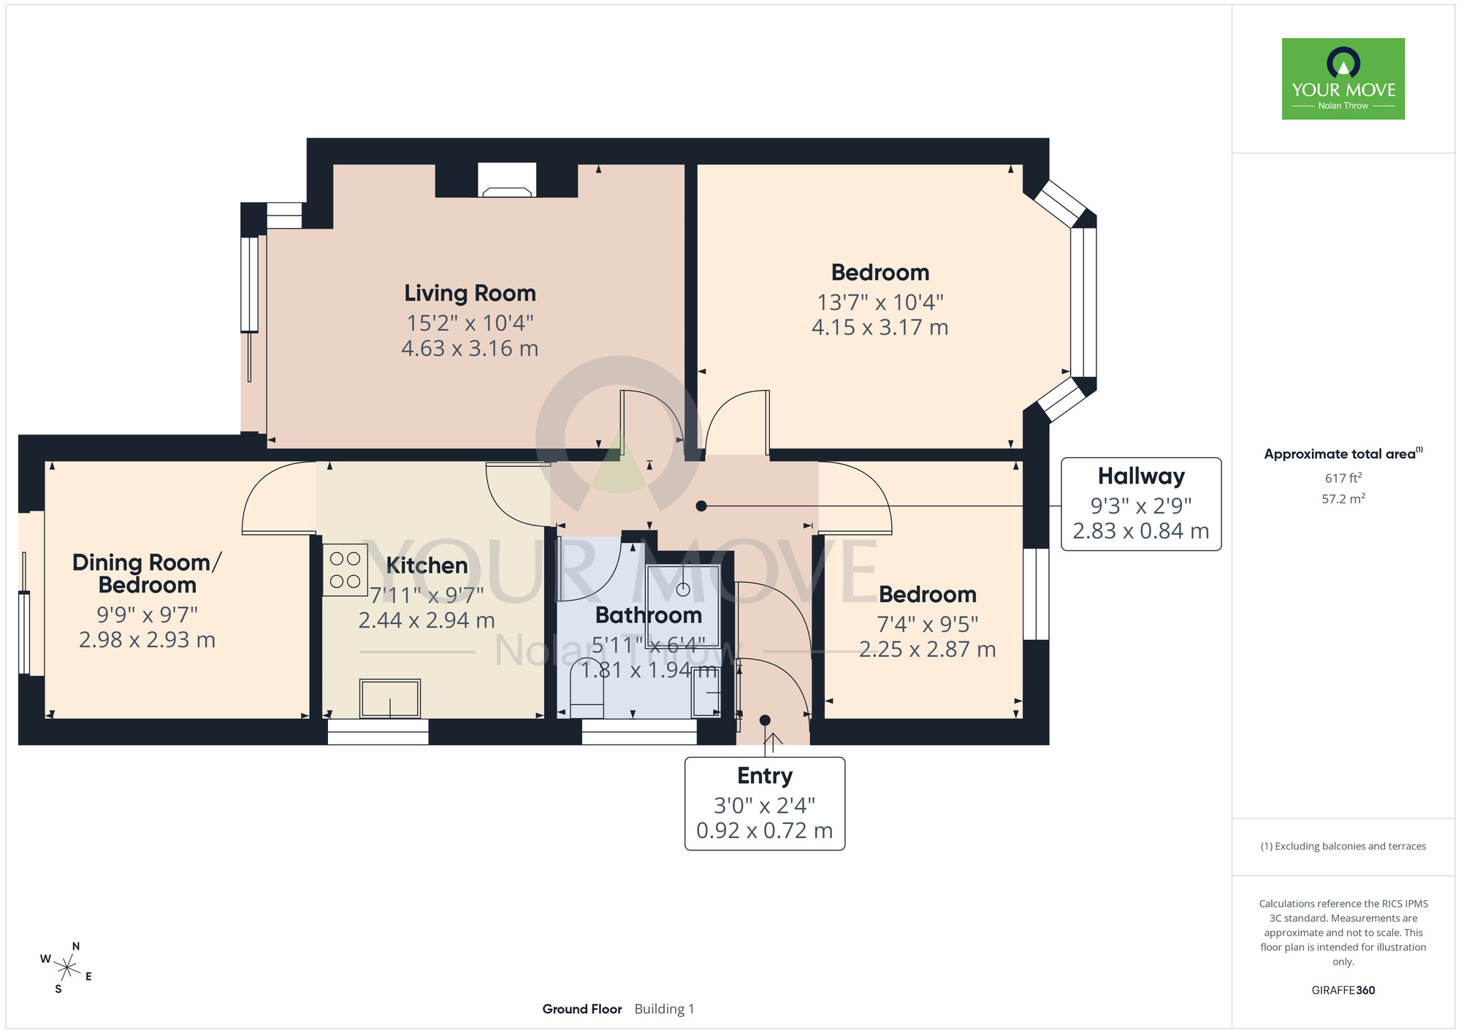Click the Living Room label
click(x=470, y=293)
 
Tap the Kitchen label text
click(x=427, y=565)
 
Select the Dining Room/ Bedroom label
click(x=147, y=573)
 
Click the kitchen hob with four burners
click(x=345, y=570)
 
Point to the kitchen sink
click(x=390, y=698)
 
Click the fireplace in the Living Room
click(x=507, y=180)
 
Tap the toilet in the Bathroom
click(x=587, y=690)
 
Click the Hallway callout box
click(x=1141, y=504)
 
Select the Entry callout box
click(x=765, y=804)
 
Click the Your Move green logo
click(x=1343, y=79)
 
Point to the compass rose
click(x=66, y=969)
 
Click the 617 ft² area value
click(x=1343, y=478)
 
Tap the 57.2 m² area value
click(x=1343, y=499)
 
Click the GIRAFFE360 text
click(x=1343, y=991)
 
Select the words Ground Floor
click(x=582, y=1009)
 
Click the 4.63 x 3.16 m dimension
click(x=470, y=348)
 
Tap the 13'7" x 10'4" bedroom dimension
click(x=880, y=302)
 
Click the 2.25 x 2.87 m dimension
click(x=928, y=649)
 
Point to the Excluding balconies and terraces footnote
click(x=1343, y=846)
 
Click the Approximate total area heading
click(x=1343, y=454)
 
